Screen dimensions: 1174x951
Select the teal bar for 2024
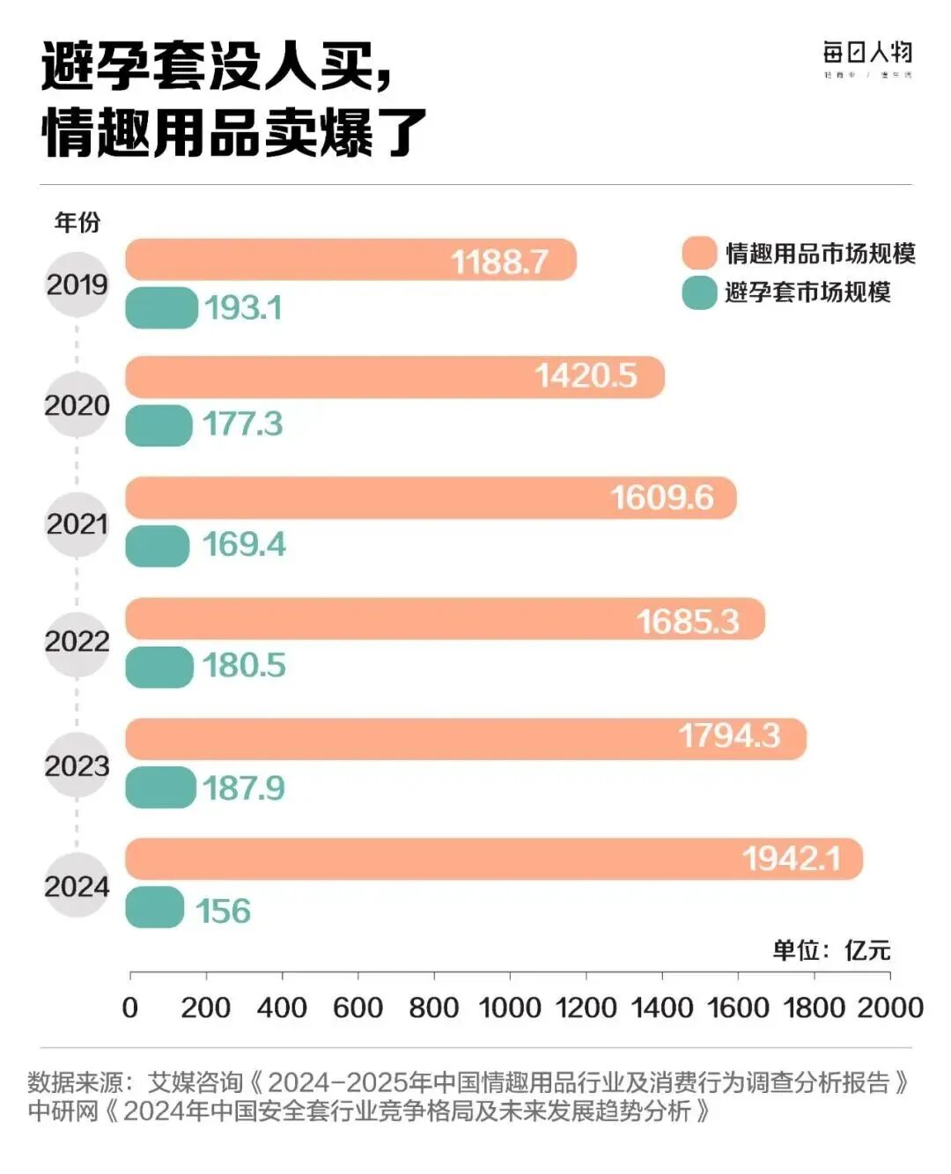tap(155, 907)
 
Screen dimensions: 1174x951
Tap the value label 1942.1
tap(791, 858)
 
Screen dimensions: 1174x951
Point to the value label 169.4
tap(244, 544)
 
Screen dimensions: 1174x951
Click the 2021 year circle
tap(77, 524)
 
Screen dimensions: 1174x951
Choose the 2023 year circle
tap(77, 765)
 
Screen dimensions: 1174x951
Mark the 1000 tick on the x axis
tap(510, 1007)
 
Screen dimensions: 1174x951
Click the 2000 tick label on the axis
tap(890, 1007)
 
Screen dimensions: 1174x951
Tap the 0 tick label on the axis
tap(130, 1007)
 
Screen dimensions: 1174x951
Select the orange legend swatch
tap(699, 254)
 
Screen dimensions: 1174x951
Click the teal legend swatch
tap(699, 292)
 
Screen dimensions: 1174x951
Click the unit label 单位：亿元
tap(831, 949)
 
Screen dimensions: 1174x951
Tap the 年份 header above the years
tap(77, 222)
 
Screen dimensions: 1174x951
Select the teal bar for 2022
tap(159, 667)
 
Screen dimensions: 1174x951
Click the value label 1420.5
tap(586, 376)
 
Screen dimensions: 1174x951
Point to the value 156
tap(223, 911)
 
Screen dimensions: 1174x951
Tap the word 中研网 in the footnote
tap(63, 1111)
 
